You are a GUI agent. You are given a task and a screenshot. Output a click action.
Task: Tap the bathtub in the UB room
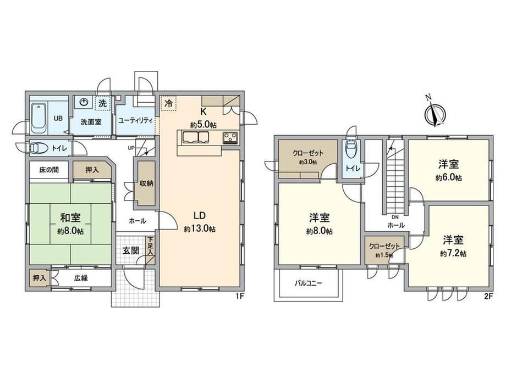point(38,118)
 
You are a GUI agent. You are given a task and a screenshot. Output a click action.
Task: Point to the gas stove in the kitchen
point(230,138)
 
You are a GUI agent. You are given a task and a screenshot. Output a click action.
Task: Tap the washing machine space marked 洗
point(103,103)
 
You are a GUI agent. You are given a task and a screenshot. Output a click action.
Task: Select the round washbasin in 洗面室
point(84,102)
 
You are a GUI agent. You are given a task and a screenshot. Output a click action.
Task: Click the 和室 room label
point(70,218)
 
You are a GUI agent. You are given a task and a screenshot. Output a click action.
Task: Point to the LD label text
point(200,216)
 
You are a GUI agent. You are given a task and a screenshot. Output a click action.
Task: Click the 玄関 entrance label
point(131,250)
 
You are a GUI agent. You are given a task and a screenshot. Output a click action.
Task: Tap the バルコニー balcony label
point(308,283)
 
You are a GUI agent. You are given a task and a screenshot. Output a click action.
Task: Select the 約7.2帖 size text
point(453,254)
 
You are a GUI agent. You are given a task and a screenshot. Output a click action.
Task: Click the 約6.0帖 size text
point(449,177)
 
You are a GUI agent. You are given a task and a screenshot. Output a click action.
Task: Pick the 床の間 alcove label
point(49,170)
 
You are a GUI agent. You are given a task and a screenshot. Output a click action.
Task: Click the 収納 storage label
point(146,183)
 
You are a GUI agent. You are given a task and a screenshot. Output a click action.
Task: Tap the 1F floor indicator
point(239,297)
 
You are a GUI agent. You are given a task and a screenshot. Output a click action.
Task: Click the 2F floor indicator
point(488,297)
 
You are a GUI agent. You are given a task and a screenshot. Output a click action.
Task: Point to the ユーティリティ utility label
point(135,120)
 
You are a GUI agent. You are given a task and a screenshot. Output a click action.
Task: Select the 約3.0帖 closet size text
point(308,163)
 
